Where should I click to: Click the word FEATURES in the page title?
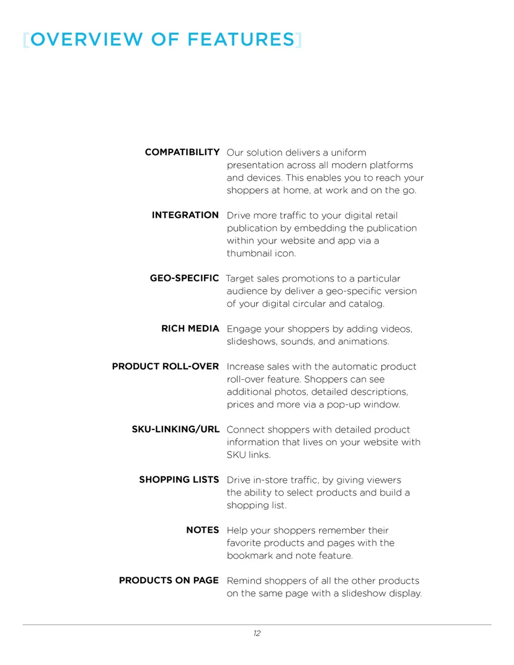click(241, 40)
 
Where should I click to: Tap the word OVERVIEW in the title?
click(87, 40)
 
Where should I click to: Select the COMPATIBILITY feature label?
click(182, 152)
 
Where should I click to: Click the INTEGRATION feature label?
click(185, 215)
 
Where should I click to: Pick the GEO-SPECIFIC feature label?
click(184, 278)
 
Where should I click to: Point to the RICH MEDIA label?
click(190, 329)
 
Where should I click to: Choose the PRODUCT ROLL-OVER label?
click(165, 367)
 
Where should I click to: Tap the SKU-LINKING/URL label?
click(176, 429)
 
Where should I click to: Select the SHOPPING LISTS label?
click(179, 480)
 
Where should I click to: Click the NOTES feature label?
click(202, 530)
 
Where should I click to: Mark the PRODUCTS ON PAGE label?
click(169, 580)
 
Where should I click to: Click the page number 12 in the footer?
click(257, 633)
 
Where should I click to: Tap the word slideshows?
click(251, 342)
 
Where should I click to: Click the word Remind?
click(244, 581)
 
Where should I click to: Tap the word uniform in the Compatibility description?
click(349, 153)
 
